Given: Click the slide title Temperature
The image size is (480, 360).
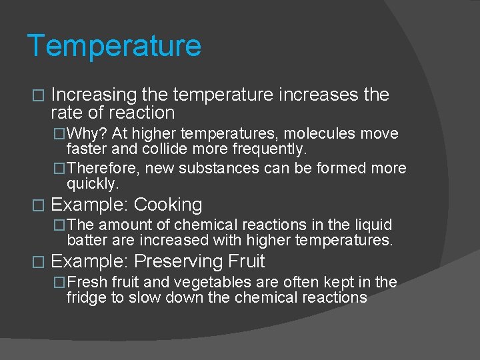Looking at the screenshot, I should click(114, 46).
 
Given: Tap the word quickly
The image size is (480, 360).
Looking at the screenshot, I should click(92, 183).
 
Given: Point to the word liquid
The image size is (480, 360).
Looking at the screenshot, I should click(371, 225).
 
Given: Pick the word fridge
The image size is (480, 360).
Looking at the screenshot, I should click(87, 297).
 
